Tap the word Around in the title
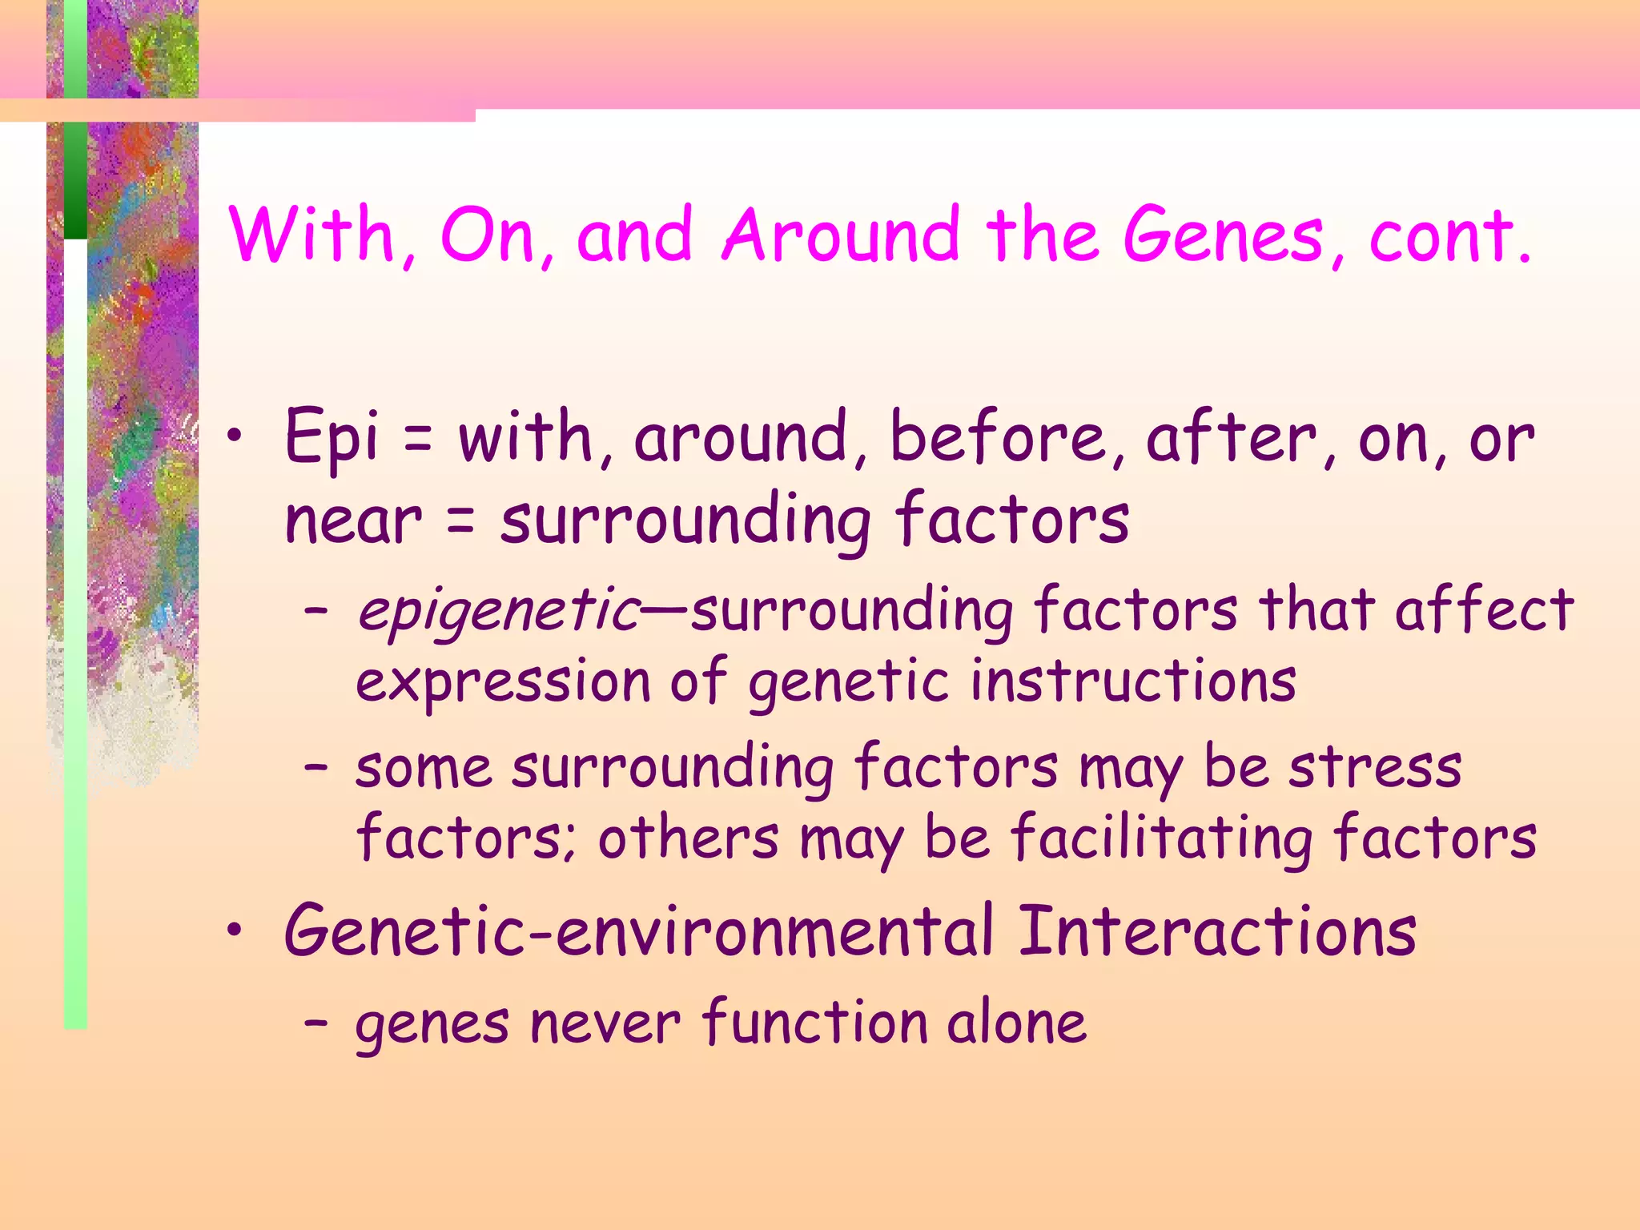point(840,235)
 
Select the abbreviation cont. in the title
point(1450,235)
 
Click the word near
point(353,521)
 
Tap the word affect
point(1484,610)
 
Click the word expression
point(502,683)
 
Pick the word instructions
point(1133,681)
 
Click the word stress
point(1375,768)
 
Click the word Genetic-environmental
point(639,931)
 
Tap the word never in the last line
point(605,1024)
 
